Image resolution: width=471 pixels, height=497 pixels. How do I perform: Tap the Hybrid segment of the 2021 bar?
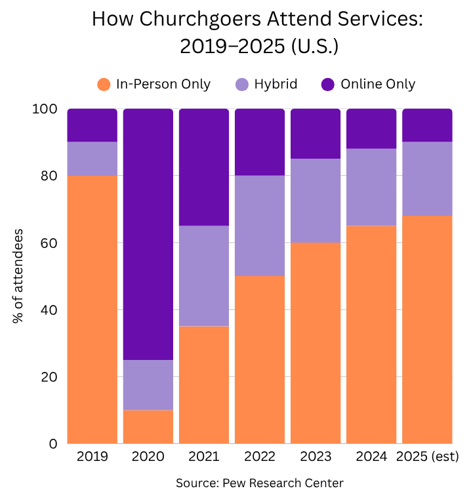[x=204, y=276]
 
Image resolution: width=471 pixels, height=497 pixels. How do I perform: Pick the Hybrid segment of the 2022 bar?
[x=260, y=226]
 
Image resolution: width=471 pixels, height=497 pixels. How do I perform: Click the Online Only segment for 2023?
[x=316, y=134]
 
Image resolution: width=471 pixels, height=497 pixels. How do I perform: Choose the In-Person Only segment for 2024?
[x=371, y=334]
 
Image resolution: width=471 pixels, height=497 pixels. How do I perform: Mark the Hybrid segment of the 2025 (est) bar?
[x=427, y=178]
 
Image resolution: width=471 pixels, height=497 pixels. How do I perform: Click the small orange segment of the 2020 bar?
[x=148, y=427]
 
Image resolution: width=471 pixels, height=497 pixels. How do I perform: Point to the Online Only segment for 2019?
[x=92, y=125]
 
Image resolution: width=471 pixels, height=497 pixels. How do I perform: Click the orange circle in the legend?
[x=104, y=84]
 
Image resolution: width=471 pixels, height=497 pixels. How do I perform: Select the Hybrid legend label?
[x=276, y=84]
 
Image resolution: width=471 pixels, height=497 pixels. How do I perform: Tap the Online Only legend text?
[x=378, y=84]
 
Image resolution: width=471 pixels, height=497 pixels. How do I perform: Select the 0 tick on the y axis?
[x=54, y=444]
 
